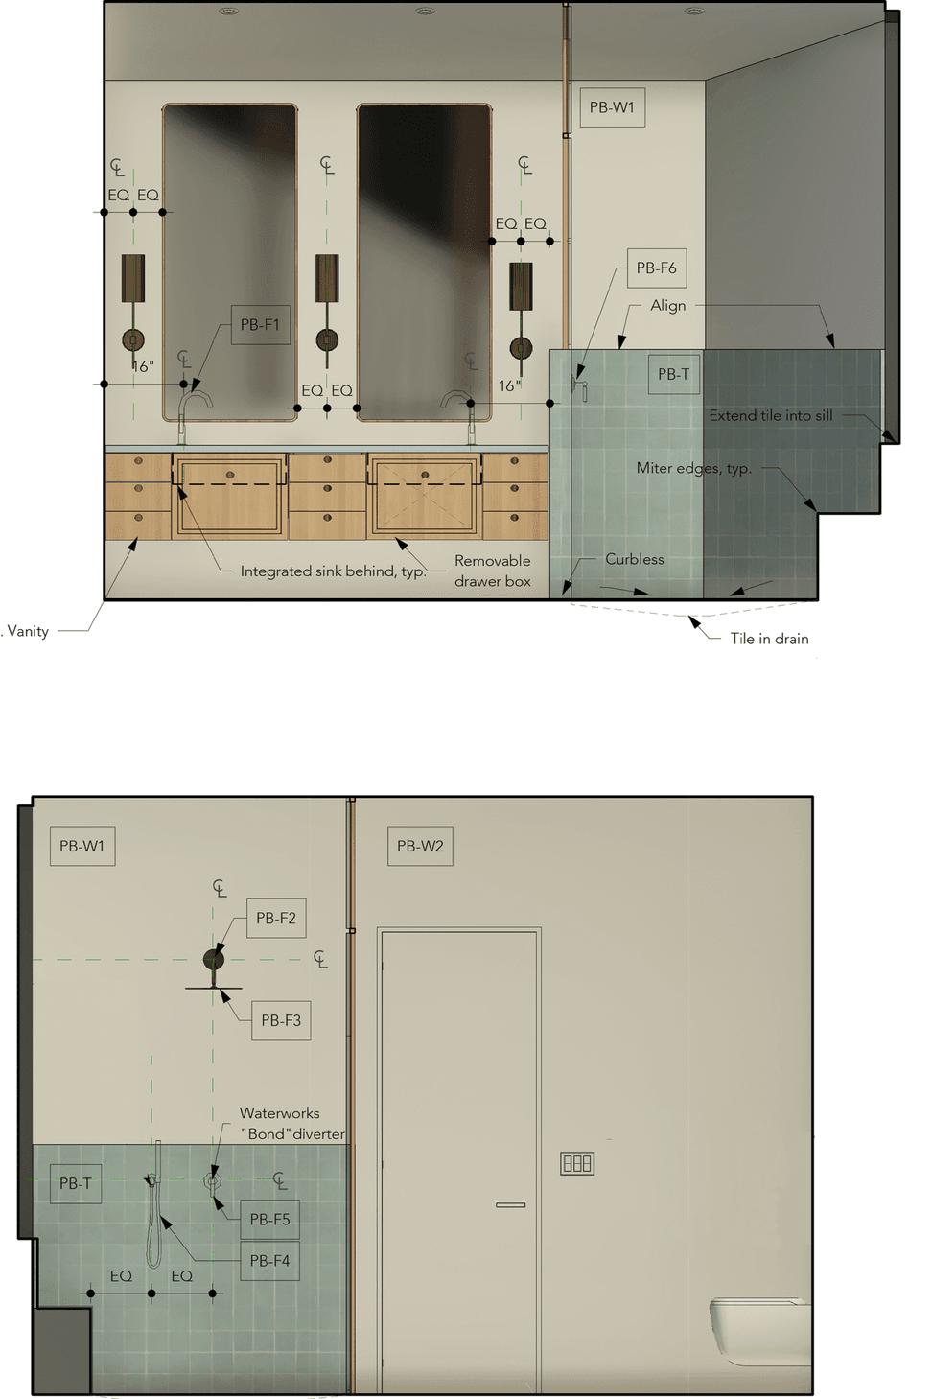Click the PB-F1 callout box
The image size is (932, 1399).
pos(261,325)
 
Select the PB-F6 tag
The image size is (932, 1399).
pos(657,268)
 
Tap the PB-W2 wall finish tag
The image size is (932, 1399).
pos(420,847)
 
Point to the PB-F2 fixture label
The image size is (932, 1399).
pos(276,918)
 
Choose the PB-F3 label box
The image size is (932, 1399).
pos(281,1020)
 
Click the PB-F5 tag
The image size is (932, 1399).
pos(269,1219)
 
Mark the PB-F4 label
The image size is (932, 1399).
pos(269,1261)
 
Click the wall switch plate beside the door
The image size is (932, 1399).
pos(576,1163)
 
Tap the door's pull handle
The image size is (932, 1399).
pos(510,1204)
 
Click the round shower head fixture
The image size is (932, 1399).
pos(214,959)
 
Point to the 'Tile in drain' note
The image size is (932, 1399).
pos(770,639)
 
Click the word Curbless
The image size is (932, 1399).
pos(635,559)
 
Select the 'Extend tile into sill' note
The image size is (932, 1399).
pos(771,415)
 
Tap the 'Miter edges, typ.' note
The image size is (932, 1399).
pos(694,468)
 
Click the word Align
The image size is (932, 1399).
pos(667,306)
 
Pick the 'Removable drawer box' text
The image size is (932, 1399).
pos(492,571)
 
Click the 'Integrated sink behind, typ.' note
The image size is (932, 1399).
pos(333,571)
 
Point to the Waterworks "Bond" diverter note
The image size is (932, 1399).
pos(291,1123)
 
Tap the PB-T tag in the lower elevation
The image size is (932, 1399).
pos(76,1183)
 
